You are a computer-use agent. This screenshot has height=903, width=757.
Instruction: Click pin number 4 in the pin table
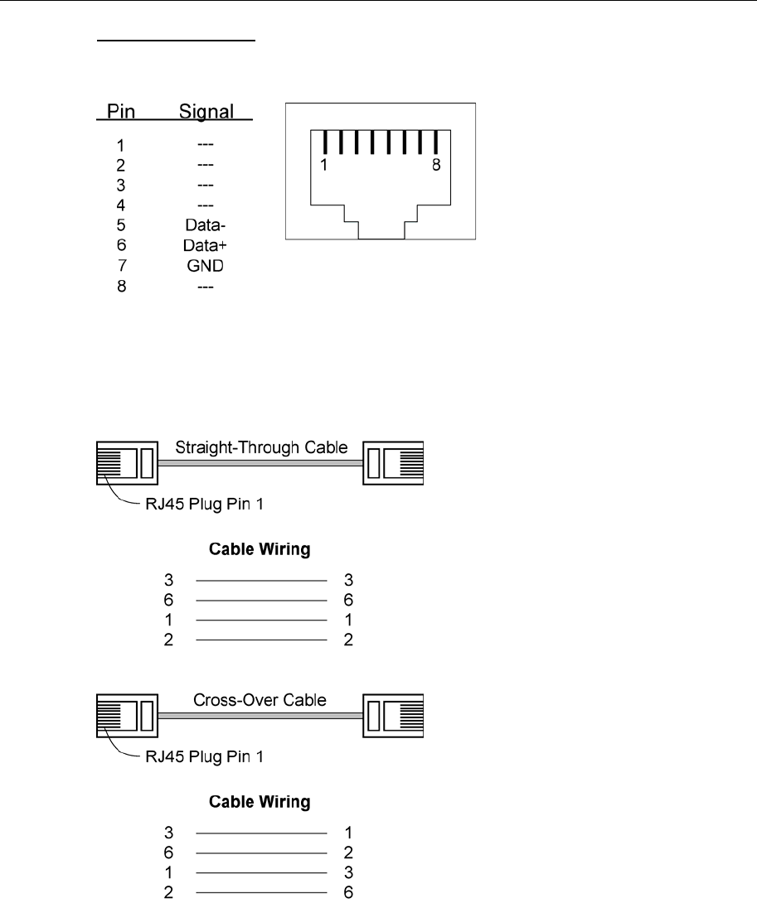(x=120, y=205)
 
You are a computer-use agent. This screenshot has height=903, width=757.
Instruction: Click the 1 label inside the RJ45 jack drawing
(x=323, y=165)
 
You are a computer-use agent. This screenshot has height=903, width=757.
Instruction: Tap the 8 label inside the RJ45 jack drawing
(x=436, y=165)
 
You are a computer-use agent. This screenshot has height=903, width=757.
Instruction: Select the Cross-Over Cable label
(x=260, y=700)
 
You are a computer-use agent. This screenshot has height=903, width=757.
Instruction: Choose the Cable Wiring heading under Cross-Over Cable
(x=260, y=801)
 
